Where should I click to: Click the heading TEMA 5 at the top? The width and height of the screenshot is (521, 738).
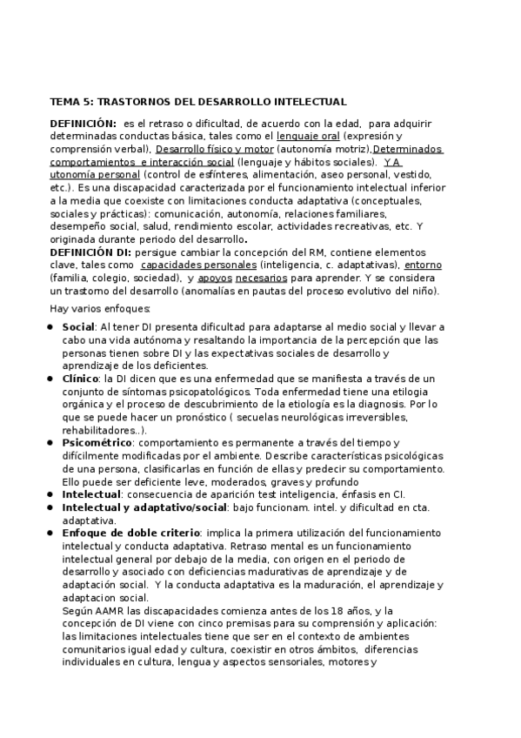[198, 102]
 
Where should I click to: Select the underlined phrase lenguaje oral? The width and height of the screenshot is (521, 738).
[308, 137]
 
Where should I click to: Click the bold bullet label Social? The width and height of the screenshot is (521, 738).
[78, 327]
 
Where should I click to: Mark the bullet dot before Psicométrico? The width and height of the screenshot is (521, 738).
[52, 443]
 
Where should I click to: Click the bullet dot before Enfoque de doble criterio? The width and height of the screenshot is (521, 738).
[52, 533]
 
